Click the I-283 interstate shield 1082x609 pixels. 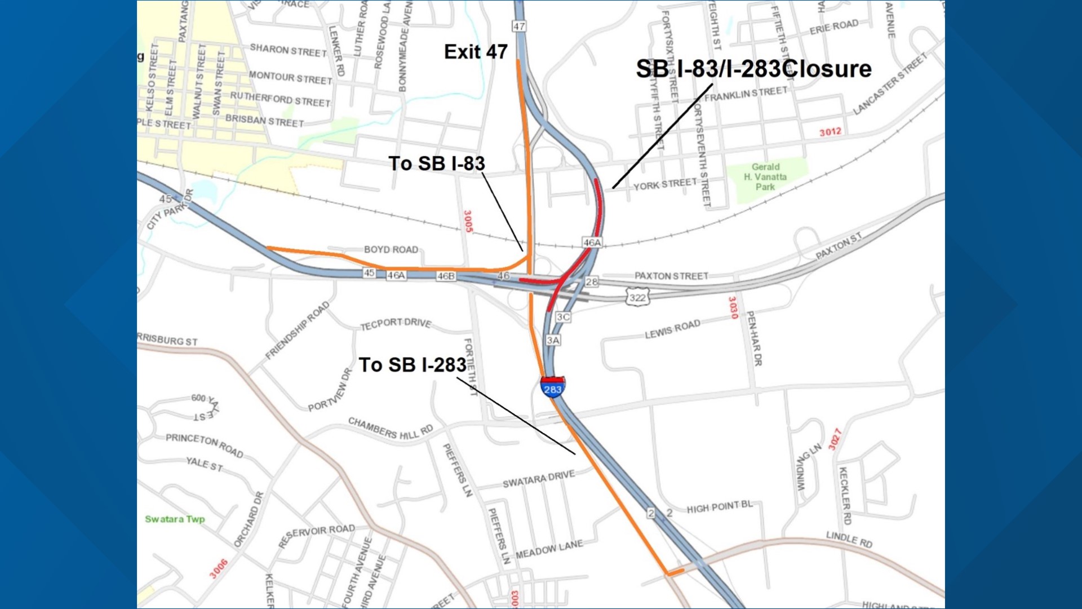pyautogui.click(x=552, y=387)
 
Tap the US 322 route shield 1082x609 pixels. pyautogui.click(x=637, y=297)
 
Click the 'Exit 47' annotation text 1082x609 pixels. pyautogui.click(x=476, y=52)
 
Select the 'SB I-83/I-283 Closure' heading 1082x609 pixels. pyautogui.click(x=753, y=69)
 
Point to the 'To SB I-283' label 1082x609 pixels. pyautogui.click(x=413, y=365)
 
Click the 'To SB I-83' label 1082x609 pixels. pyautogui.click(x=437, y=164)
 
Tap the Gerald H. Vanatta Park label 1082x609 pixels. pyautogui.click(x=765, y=176)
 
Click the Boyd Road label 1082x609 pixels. pyautogui.click(x=391, y=249)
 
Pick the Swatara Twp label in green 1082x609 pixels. pyautogui.click(x=175, y=519)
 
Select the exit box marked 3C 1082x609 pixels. pyautogui.click(x=563, y=317)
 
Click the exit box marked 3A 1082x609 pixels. pyautogui.click(x=553, y=340)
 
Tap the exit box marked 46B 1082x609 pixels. pyautogui.click(x=446, y=276)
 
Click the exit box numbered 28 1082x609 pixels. pyautogui.click(x=591, y=281)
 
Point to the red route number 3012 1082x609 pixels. pyautogui.click(x=830, y=132)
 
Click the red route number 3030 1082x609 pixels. pyautogui.click(x=733, y=308)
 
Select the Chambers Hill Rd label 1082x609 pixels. pyautogui.click(x=390, y=429)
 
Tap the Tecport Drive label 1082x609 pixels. pyautogui.click(x=396, y=324)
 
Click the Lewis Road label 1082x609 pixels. pyautogui.click(x=672, y=329)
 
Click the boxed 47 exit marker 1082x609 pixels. pyautogui.click(x=519, y=27)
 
